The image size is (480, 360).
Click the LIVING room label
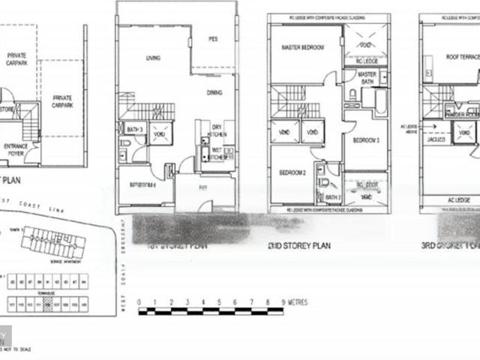click(154, 57)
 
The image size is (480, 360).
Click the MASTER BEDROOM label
click(301, 48)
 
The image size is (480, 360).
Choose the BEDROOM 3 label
click(366, 140)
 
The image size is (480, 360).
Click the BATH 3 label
click(135, 129)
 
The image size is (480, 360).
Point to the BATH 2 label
click(333, 197)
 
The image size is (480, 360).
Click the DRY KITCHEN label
click(216, 130)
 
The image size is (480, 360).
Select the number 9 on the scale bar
click(283, 302)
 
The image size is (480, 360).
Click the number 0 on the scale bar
click(139, 302)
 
